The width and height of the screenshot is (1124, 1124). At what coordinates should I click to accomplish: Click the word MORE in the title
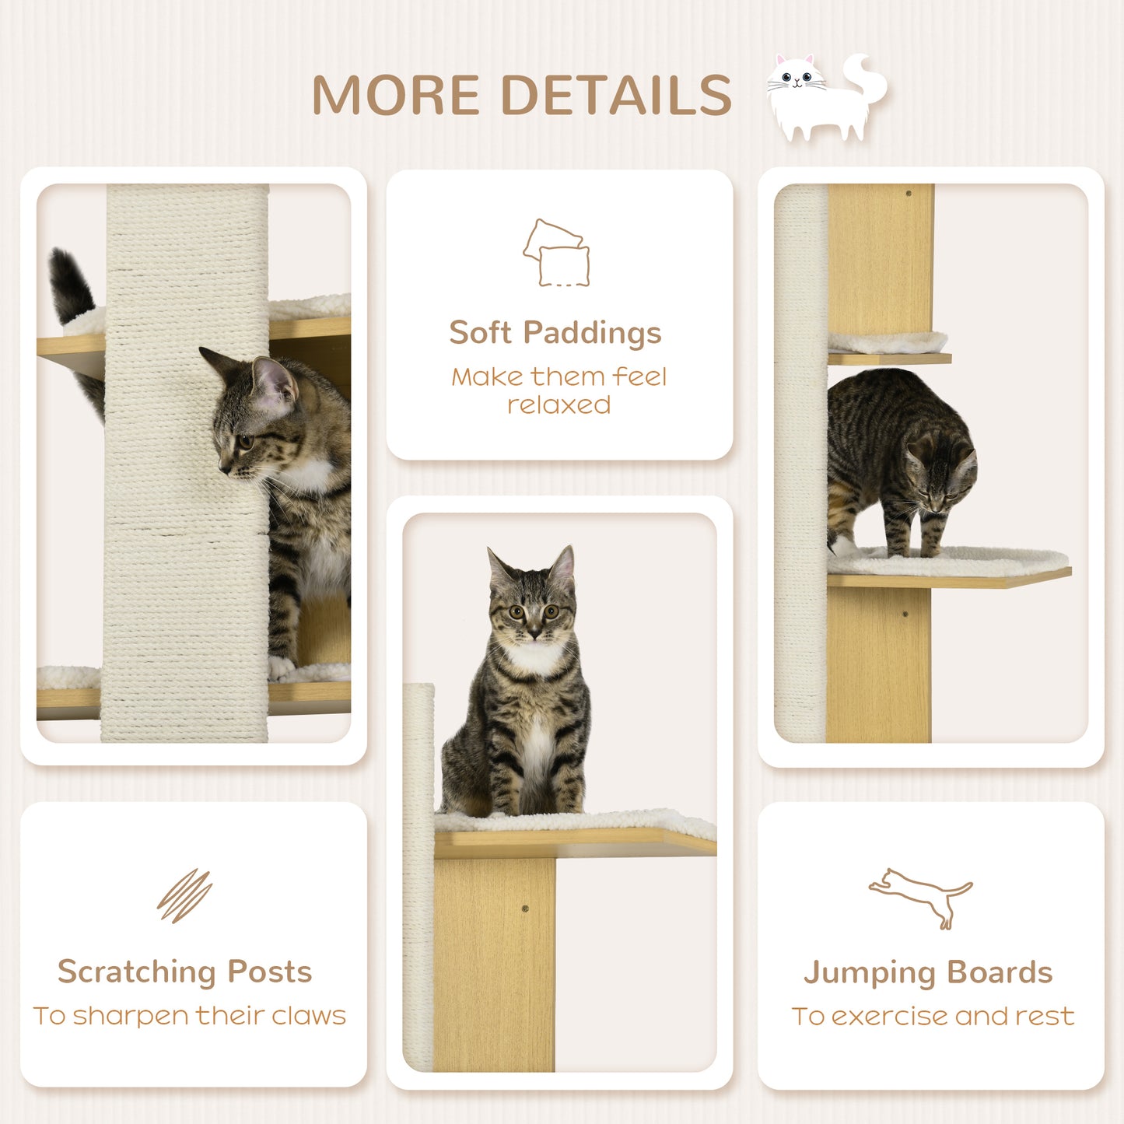(x=395, y=95)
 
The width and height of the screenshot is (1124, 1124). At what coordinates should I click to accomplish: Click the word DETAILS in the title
(x=615, y=95)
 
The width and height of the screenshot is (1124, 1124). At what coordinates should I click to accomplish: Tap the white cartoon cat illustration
(x=825, y=97)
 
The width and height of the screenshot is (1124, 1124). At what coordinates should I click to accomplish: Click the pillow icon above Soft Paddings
(x=556, y=253)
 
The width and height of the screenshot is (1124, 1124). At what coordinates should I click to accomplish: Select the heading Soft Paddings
(x=555, y=333)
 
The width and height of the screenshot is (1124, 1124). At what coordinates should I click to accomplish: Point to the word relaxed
(x=558, y=405)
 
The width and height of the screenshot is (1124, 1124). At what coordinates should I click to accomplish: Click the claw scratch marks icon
(x=184, y=895)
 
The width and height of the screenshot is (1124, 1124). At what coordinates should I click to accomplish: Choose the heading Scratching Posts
(x=184, y=972)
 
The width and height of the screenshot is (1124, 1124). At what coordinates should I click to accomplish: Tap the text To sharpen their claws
(x=189, y=1016)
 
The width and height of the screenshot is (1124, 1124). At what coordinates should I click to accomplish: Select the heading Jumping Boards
(x=928, y=972)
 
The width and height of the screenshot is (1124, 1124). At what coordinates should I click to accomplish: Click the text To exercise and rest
(x=933, y=1016)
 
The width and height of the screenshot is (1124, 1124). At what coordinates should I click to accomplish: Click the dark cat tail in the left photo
(x=72, y=288)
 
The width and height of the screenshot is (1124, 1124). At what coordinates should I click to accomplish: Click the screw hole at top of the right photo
(x=908, y=193)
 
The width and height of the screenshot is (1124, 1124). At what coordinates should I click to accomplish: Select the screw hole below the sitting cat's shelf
(x=524, y=909)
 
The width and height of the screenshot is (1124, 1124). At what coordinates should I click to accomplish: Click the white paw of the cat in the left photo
(x=281, y=667)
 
